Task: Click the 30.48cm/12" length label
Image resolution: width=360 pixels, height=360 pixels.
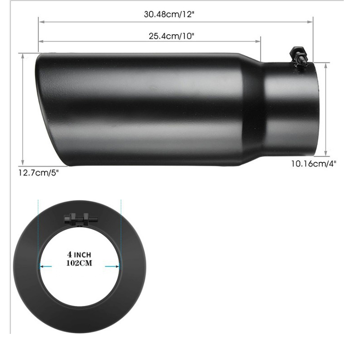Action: tap(169, 14)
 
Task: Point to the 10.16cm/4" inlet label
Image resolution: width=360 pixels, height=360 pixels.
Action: tap(313, 163)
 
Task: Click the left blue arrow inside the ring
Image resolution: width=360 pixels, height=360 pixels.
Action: tap(45, 266)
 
